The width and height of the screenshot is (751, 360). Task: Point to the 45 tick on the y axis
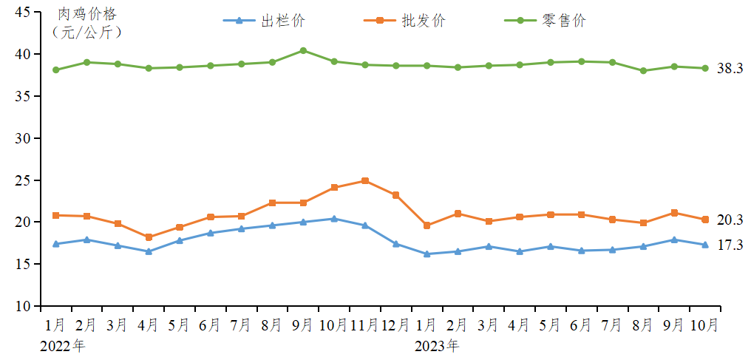pos(21,13)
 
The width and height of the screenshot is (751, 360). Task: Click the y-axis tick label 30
pos(21,138)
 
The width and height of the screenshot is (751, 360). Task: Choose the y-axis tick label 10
pos(21,306)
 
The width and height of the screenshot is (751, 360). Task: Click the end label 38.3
pos(730,69)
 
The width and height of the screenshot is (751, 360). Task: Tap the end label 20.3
pos(730,220)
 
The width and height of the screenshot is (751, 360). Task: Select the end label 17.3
pos(730,245)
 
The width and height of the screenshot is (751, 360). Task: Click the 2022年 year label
pos(63,344)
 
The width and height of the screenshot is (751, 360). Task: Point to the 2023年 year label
pos(436,344)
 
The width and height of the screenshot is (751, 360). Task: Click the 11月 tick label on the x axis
pos(364,325)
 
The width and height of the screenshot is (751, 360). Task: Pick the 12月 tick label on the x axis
pos(396,325)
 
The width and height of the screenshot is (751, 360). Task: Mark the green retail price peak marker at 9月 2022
pos(303,50)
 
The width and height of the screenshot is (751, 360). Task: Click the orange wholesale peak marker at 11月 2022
pos(365,180)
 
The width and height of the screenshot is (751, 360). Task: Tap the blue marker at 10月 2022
pos(334,219)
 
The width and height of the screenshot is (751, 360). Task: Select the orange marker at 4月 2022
pos(149,237)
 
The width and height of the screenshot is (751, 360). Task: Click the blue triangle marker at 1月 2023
pos(427,254)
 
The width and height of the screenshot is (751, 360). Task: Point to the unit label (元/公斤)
pos(86,32)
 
